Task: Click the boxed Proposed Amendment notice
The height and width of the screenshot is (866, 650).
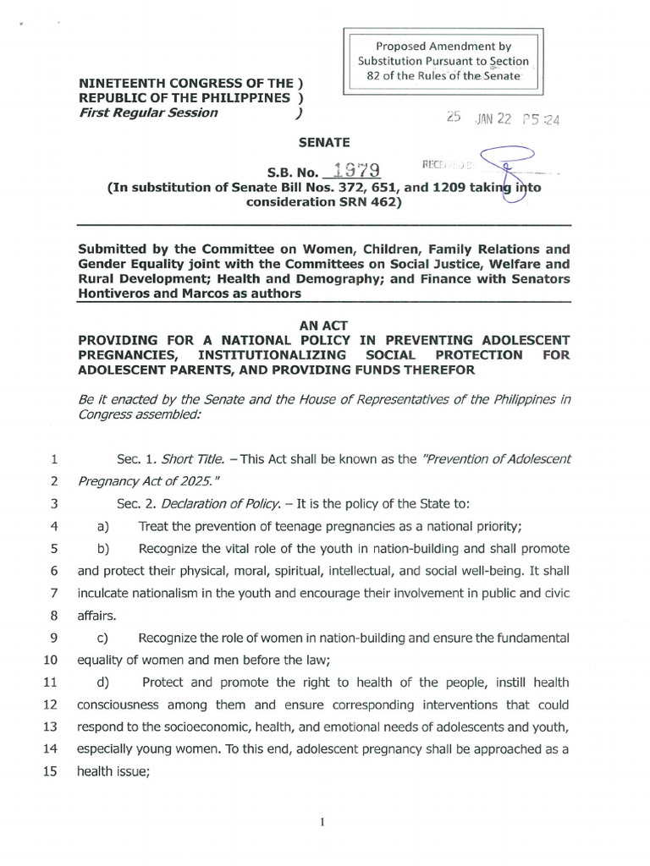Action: coord(443,61)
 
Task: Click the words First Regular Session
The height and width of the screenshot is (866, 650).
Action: coord(148,113)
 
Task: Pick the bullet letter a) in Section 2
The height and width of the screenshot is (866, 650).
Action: coord(104,525)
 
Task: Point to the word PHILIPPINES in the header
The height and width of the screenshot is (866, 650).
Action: coord(240,98)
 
